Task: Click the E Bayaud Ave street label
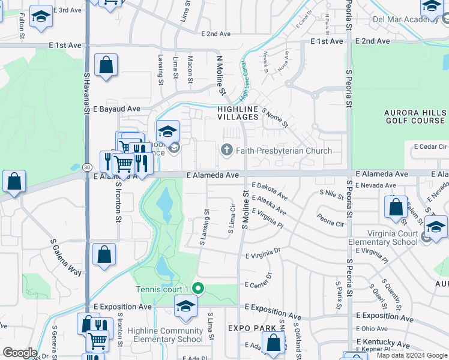(116, 109)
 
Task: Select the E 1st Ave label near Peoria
(327, 41)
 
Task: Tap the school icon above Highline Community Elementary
(185, 307)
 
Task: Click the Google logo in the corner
(19, 353)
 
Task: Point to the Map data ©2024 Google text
(411, 355)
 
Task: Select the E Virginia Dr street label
(263, 255)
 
